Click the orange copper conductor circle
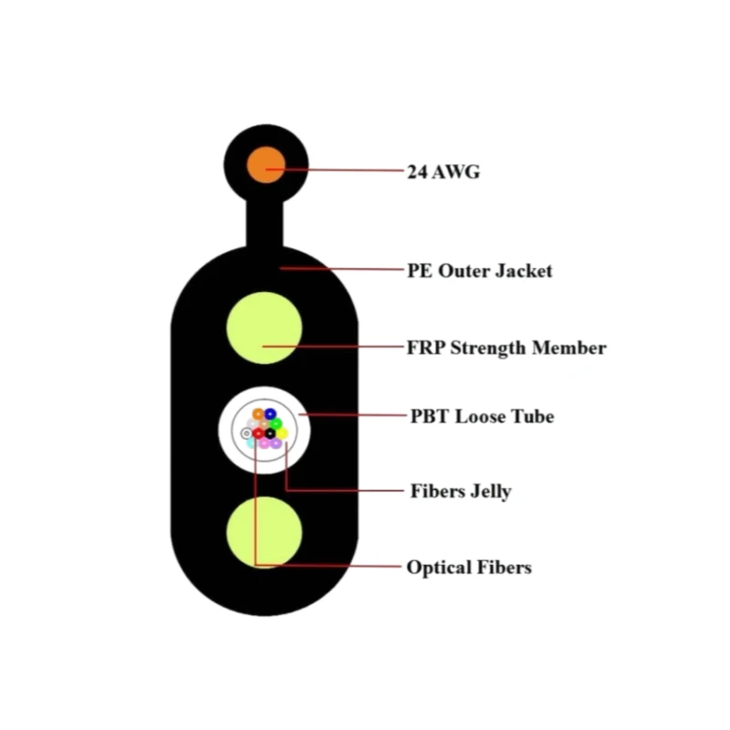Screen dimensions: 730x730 tap(266, 165)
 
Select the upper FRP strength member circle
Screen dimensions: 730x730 tap(264, 328)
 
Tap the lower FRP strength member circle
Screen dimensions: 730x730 tap(264, 532)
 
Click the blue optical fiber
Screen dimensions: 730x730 tap(270, 413)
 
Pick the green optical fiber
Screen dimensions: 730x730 tap(276, 423)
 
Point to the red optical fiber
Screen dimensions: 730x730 tap(258, 434)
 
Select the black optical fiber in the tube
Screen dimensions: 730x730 tap(270, 434)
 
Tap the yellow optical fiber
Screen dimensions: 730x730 tap(282, 434)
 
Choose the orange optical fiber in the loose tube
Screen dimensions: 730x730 tap(258, 413)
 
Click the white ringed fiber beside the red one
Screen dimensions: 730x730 tap(246, 434)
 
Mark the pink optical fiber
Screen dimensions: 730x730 tap(264, 443)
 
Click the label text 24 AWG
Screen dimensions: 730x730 tap(443, 172)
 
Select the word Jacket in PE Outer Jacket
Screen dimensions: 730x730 tap(523, 271)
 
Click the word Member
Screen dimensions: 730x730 tap(568, 348)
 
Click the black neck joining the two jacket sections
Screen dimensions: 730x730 tap(265, 224)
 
